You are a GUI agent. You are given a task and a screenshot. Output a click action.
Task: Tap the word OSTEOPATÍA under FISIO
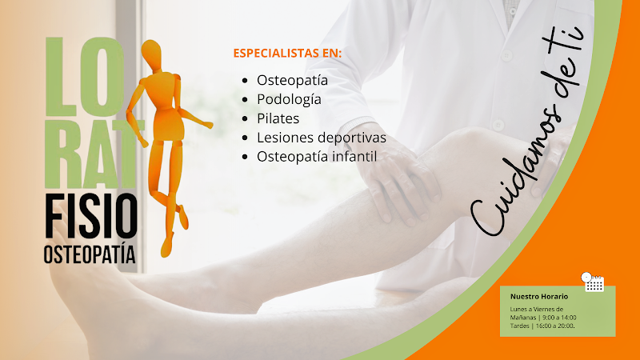(x=90, y=254)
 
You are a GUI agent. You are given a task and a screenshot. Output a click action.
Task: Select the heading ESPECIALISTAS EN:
(x=287, y=54)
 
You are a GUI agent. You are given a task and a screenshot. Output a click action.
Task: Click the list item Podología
(x=289, y=99)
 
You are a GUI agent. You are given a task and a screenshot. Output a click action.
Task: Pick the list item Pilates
(x=278, y=118)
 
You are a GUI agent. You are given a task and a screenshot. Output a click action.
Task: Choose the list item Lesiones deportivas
(x=321, y=138)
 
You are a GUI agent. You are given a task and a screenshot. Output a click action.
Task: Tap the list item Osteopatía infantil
(x=316, y=157)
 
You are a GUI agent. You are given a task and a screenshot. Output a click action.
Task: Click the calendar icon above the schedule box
(x=593, y=282)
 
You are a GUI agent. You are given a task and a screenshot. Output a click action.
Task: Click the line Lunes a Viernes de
(x=537, y=310)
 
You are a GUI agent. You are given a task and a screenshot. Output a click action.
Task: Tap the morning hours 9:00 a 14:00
(x=559, y=318)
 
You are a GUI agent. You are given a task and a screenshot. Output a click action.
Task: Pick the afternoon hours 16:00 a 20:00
(x=554, y=326)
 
